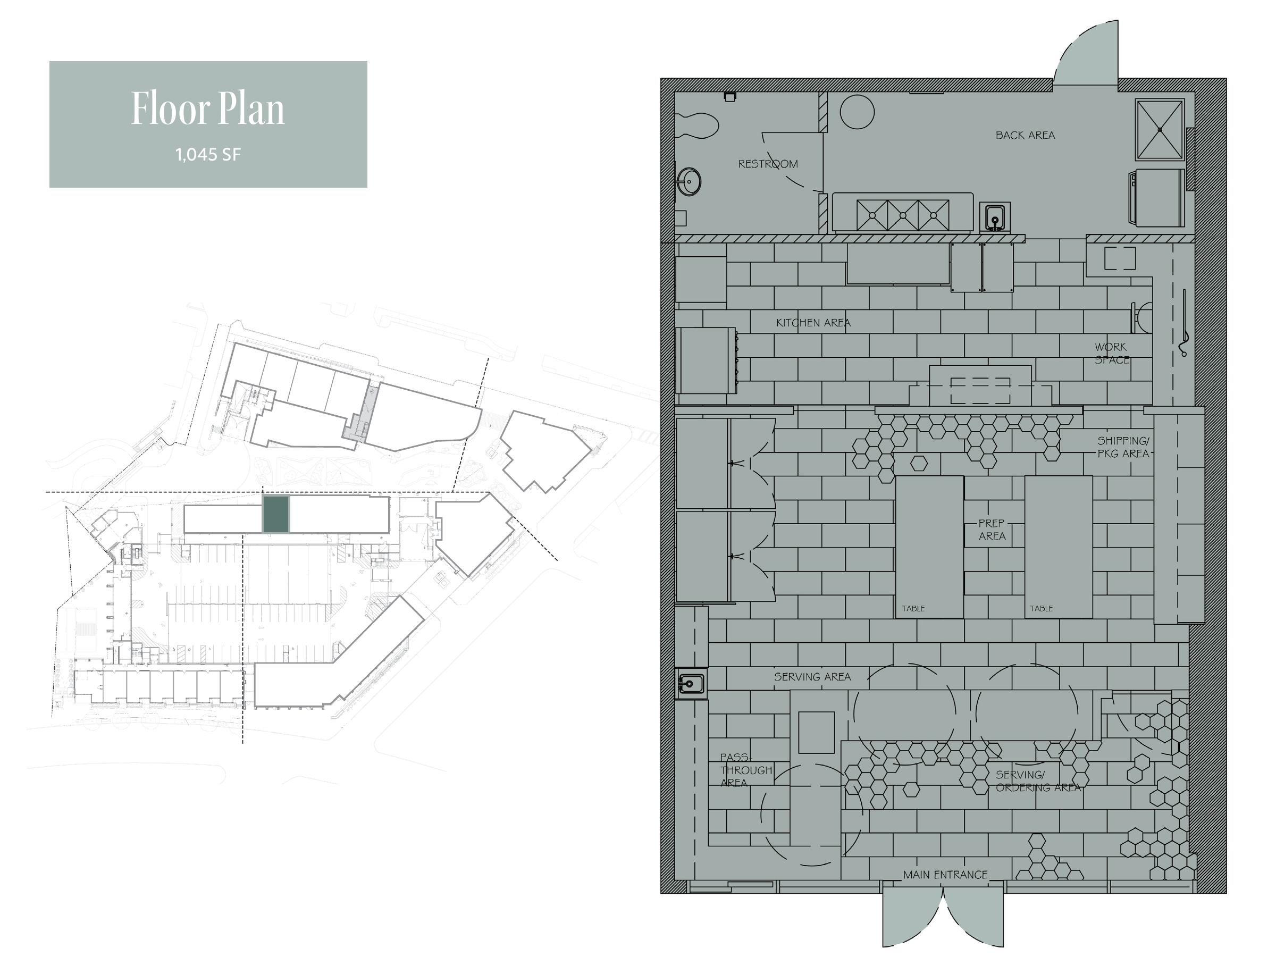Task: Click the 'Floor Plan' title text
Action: click(208, 108)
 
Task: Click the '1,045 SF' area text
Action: click(208, 155)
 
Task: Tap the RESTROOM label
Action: click(768, 164)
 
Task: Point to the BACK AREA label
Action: click(1025, 135)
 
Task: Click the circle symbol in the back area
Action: click(857, 111)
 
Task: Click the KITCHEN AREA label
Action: click(813, 323)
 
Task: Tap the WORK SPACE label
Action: click(1112, 353)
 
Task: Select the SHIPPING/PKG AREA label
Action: click(1122, 447)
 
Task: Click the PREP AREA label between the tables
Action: click(992, 530)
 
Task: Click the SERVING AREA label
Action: click(812, 677)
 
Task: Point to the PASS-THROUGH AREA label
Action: click(745, 769)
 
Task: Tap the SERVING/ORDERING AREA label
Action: click(1037, 781)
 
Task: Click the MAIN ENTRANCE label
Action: click(945, 875)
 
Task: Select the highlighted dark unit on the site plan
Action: click(276, 514)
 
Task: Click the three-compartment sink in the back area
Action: click(903, 215)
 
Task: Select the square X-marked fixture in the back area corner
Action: click(1160, 129)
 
